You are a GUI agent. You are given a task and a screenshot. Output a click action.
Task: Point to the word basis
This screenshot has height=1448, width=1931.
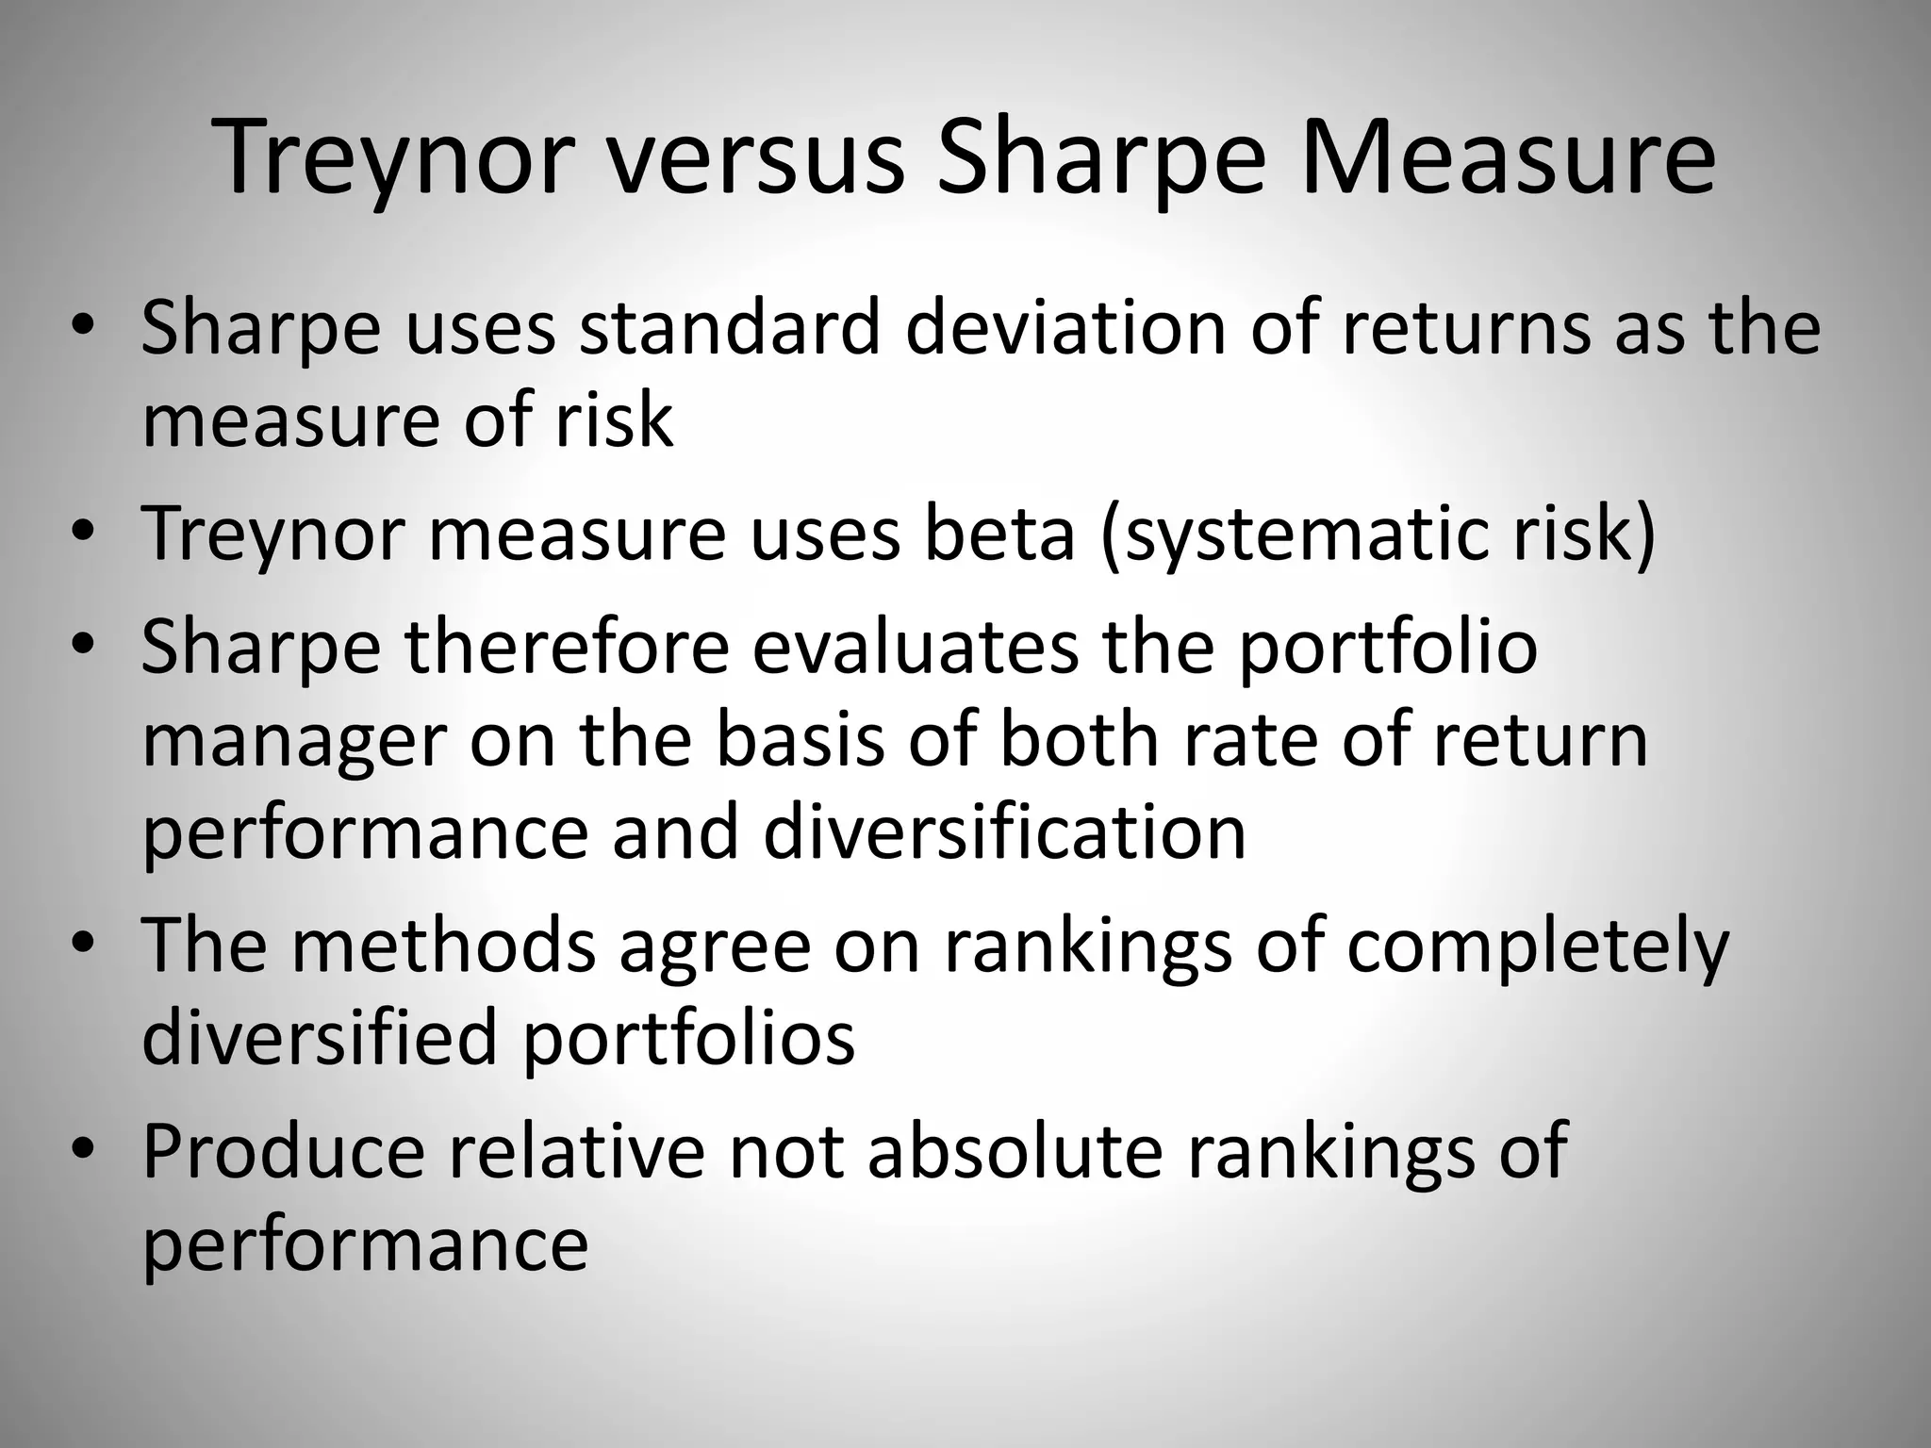tap(800, 739)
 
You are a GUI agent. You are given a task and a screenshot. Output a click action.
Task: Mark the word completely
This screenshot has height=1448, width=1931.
tap(1537, 947)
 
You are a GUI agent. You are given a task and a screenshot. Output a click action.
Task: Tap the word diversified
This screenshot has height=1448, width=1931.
tap(320, 1038)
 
